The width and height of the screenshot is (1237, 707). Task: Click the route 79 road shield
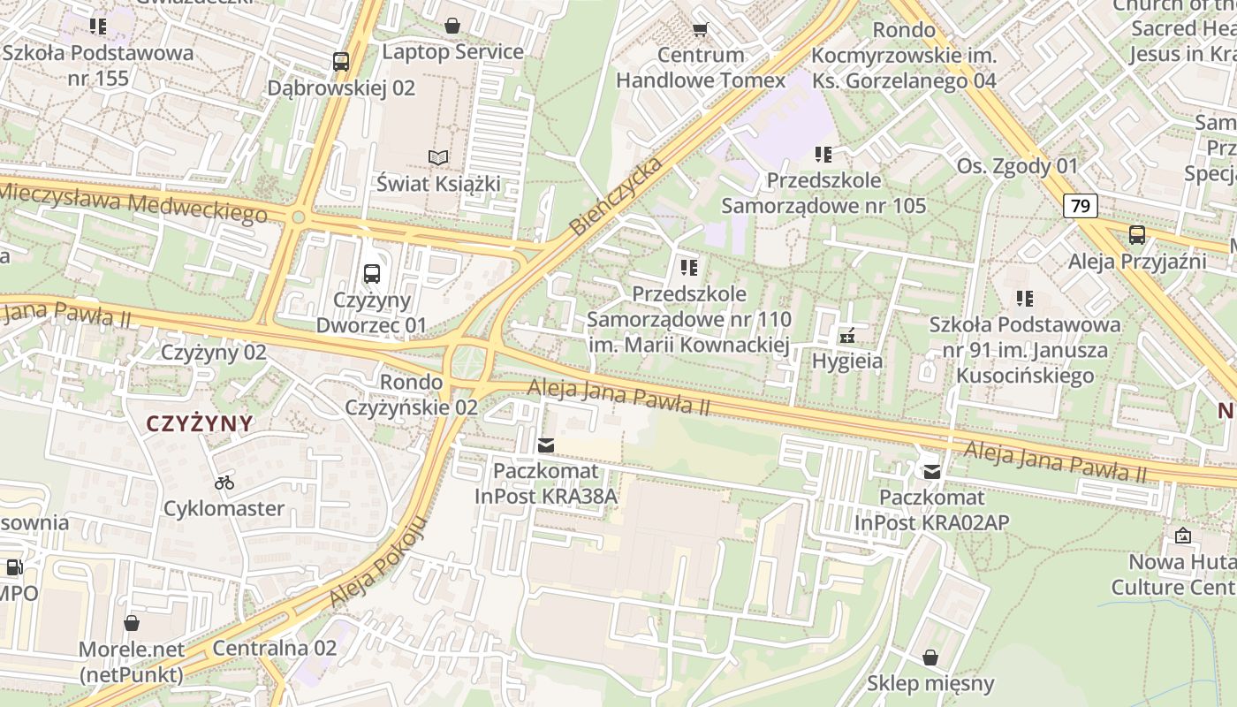click(1080, 207)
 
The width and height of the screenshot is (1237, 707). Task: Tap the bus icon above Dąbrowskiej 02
click(341, 62)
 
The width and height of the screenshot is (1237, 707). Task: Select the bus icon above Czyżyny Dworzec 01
click(372, 274)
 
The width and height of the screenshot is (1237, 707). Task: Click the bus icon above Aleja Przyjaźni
click(1136, 235)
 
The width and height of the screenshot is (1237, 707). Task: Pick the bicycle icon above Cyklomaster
click(224, 483)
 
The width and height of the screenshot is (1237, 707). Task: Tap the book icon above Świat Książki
click(438, 157)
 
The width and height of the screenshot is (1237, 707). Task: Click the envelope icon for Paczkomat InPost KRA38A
click(546, 445)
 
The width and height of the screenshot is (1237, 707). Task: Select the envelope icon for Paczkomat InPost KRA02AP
click(931, 472)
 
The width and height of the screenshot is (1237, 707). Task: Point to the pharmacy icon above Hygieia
click(847, 335)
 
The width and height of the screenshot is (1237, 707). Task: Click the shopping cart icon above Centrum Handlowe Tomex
click(701, 29)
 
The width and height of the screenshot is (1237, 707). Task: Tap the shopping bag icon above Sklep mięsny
click(930, 658)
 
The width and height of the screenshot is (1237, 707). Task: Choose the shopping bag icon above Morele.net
click(132, 623)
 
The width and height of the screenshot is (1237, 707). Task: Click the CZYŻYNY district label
click(200, 423)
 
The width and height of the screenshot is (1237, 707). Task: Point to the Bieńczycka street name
click(616, 197)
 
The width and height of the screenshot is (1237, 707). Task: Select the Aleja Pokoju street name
click(379, 562)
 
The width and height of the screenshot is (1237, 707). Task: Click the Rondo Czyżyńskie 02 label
click(411, 395)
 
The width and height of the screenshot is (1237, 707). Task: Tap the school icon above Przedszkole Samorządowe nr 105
click(823, 155)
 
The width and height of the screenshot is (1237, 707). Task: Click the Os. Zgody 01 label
click(1018, 166)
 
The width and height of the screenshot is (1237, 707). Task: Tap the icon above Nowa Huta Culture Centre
click(1182, 536)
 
